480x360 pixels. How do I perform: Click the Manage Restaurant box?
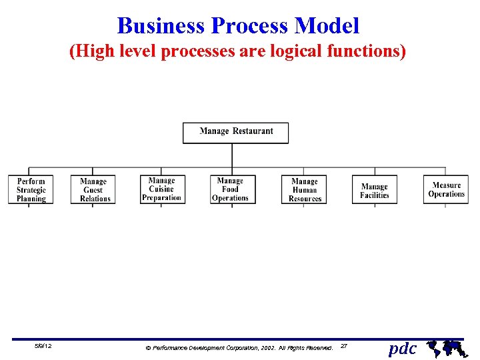(236, 132)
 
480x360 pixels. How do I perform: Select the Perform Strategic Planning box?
(31, 189)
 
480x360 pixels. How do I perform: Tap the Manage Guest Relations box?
(93, 189)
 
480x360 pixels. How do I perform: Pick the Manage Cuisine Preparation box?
(162, 189)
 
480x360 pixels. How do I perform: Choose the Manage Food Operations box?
(231, 189)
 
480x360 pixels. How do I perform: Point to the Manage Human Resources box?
(305, 189)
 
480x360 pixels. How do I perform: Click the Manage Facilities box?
(375, 190)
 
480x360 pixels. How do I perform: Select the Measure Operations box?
(446, 189)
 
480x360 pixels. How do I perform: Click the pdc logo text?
(402, 348)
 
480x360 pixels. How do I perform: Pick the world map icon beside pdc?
(446, 347)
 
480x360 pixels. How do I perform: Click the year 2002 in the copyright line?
(265, 348)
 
